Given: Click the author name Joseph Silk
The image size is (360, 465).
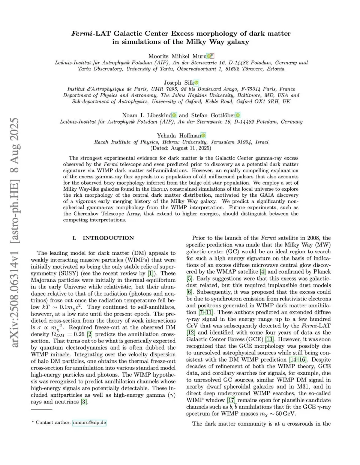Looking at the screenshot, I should pyautogui.click(x=178, y=82).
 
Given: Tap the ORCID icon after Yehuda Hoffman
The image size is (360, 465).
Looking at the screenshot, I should pyautogui.click(x=203, y=136).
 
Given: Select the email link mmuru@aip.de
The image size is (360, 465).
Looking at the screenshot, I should pyautogui.click(x=89, y=422).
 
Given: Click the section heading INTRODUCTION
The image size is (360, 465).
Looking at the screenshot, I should pyautogui.click(x=108, y=238).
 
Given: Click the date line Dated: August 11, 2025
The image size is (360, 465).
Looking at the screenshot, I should pyautogui.click(x=181, y=148).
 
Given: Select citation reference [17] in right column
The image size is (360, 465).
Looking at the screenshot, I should pyautogui.click(x=231, y=400).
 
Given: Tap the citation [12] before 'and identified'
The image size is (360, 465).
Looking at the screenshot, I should pyautogui.click(x=190, y=332).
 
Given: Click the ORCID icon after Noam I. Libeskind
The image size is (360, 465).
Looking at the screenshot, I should pyautogui.click(x=174, y=115).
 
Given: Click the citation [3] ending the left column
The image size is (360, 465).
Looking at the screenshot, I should pyautogui.click(x=84, y=402).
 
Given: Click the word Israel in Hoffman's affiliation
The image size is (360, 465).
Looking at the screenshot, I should pyautogui.click(x=262, y=142).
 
